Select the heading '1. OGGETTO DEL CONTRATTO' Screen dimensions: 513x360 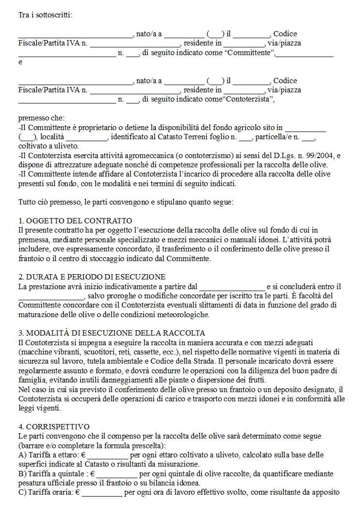(75, 221)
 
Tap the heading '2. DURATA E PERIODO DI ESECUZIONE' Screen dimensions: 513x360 (92, 277)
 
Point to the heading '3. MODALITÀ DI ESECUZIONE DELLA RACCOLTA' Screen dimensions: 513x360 (111, 333)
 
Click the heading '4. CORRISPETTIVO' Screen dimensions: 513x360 (54, 427)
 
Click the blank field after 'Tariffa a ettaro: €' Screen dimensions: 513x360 (107, 455)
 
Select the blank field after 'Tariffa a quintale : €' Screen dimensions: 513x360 (117, 474)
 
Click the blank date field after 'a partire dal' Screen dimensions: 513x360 (232, 287)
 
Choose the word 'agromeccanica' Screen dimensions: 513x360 (136, 156)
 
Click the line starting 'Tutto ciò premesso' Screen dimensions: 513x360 (126, 202)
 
